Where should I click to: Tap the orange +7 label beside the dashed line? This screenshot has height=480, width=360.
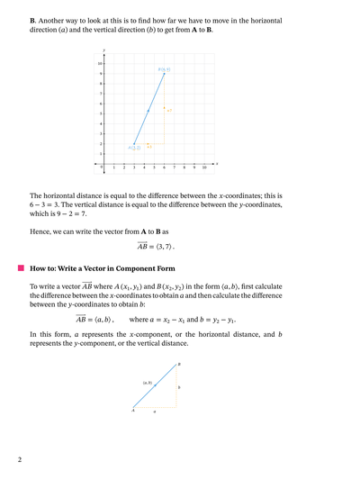(168, 111)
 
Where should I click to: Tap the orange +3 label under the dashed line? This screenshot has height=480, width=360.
(148, 146)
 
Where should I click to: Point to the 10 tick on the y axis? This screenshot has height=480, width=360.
(100, 63)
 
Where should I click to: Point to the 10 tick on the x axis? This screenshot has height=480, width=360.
(204, 168)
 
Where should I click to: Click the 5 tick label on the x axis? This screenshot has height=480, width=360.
(154, 168)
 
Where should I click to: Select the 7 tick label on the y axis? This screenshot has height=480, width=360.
(100, 94)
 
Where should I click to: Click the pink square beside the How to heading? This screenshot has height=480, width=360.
(20, 268)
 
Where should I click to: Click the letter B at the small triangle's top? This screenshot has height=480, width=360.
(179, 365)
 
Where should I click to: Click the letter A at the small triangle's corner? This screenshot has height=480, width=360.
(132, 411)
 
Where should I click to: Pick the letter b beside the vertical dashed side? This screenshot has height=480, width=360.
(179, 387)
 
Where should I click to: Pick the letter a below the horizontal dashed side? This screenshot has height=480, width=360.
(154, 412)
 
